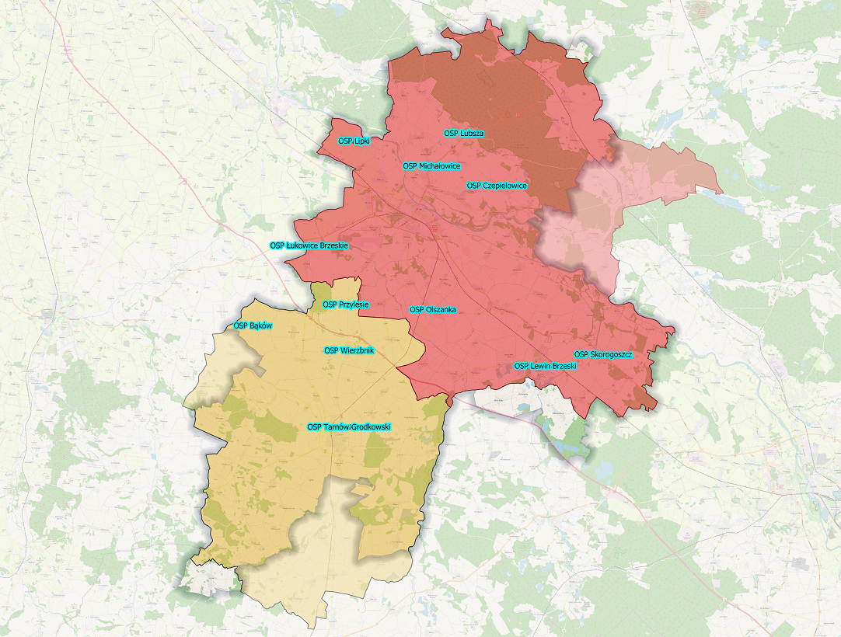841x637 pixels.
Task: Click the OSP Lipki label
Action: [355, 141]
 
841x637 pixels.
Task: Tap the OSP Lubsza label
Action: [464, 134]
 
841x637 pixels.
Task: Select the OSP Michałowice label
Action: [431, 166]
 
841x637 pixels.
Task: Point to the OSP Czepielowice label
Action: [497, 186]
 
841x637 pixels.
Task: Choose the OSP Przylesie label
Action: [346, 305]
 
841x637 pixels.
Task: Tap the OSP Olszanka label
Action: [433, 309]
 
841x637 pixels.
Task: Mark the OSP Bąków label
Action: [253, 325]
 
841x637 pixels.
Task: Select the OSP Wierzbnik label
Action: [349, 350]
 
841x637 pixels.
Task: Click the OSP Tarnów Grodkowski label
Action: [349, 426]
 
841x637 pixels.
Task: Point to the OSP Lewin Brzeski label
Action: [546, 365]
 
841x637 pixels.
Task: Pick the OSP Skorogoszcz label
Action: [603, 355]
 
